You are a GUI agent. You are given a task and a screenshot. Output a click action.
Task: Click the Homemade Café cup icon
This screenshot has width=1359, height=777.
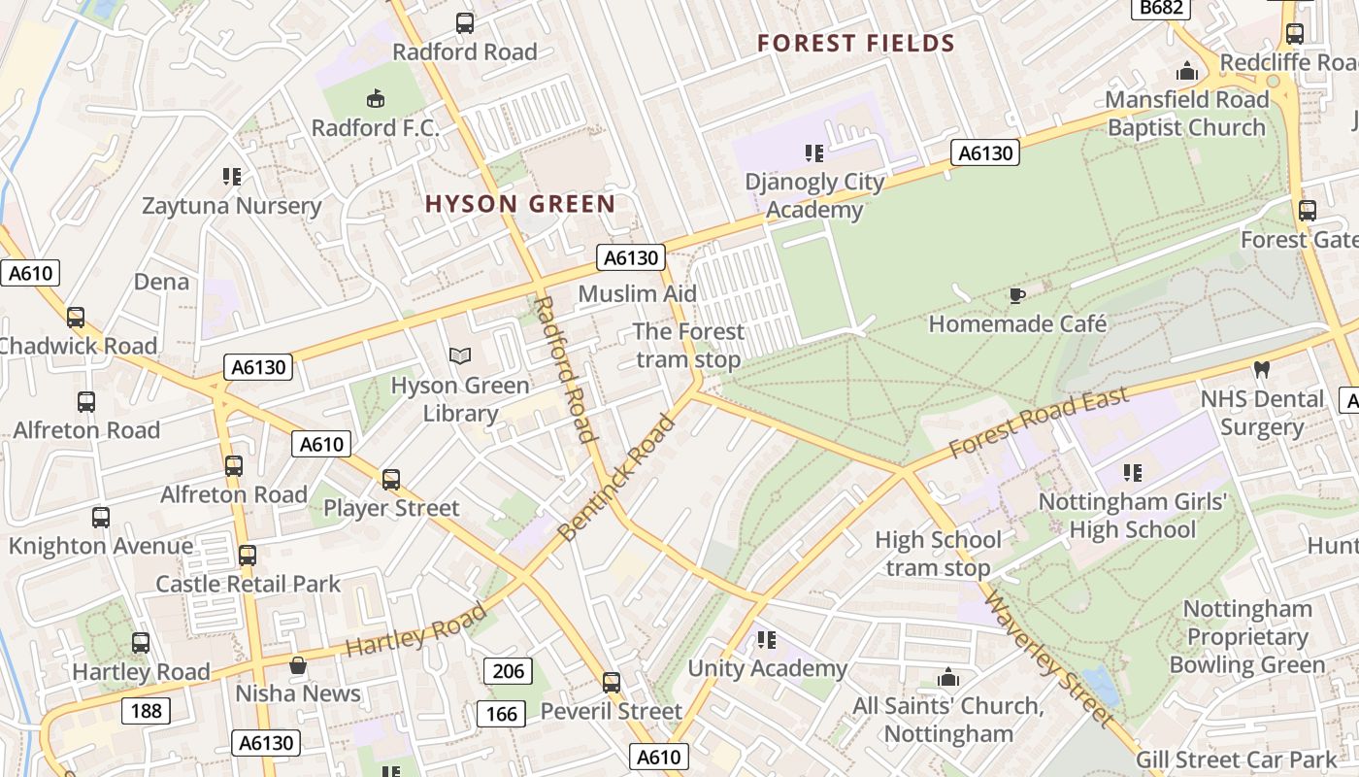point(1016,295)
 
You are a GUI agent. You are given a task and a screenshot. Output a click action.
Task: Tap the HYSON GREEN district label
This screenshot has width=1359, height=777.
point(520,204)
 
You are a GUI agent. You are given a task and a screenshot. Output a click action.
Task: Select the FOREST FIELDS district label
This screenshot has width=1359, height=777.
point(856,44)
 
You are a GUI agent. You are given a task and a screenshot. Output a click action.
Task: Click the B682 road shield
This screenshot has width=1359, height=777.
point(1160,9)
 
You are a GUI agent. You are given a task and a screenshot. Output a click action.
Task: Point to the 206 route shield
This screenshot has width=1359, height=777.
point(508,670)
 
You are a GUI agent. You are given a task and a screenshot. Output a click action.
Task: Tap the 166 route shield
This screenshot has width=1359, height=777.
point(502,714)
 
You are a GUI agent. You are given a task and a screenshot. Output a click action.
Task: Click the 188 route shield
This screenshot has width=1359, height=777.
point(146,711)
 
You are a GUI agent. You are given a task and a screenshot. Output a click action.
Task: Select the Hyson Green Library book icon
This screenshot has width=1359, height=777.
point(460,356)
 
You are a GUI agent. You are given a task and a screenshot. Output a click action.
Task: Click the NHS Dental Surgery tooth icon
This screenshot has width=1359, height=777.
point(1262,369)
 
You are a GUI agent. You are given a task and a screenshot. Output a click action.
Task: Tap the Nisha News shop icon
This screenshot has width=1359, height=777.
point(298,665)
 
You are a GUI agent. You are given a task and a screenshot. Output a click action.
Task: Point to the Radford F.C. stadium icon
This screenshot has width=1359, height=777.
point(376,98)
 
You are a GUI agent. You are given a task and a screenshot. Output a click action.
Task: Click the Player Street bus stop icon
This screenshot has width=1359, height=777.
point(390,479)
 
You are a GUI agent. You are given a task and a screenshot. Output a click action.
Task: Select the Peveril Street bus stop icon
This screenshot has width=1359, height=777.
point(611,682)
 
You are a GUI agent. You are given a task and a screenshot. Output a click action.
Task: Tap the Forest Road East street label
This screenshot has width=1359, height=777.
point(1039,422)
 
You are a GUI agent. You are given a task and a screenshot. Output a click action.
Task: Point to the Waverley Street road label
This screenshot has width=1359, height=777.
point(1048,658)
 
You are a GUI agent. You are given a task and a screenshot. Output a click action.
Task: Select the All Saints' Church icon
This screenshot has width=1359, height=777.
point(947,677)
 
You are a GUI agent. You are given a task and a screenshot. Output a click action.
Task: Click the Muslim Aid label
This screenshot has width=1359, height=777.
point(637,293)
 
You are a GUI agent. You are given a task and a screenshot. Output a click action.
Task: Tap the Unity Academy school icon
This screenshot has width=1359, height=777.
point(767,639)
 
